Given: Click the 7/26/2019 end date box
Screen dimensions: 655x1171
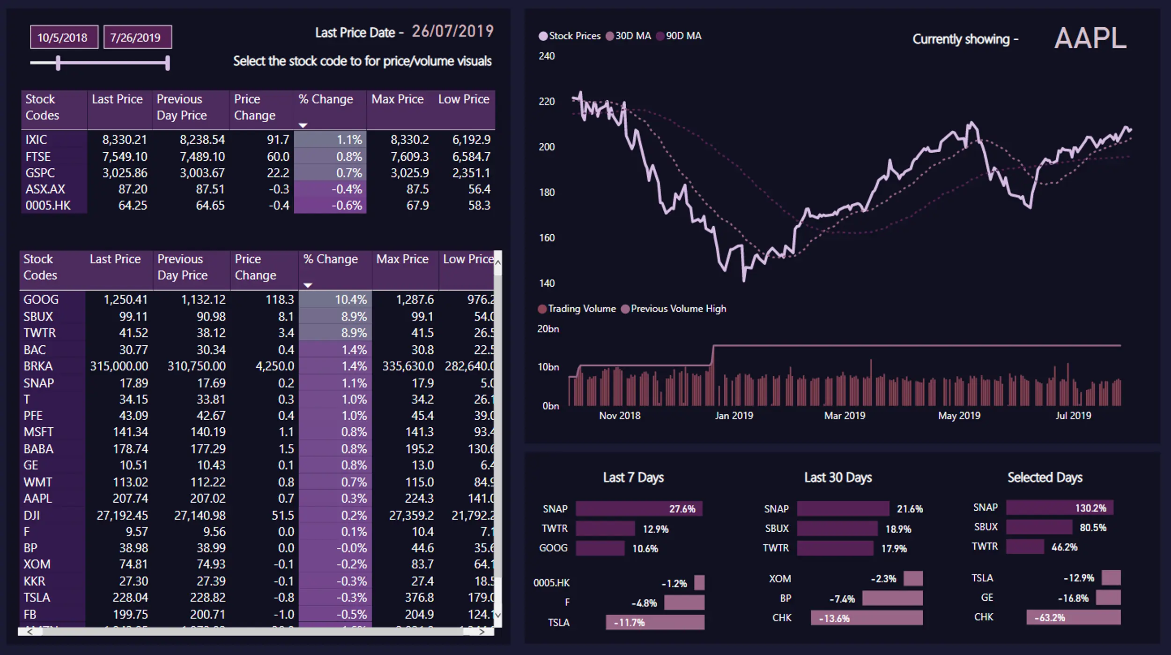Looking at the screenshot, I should coord(137,37).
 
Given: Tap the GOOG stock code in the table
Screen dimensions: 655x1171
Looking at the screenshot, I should coord(41,300).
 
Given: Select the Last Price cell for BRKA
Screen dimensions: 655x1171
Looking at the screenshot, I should coord(119,366).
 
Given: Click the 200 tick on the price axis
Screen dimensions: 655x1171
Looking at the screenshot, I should coord(547,147).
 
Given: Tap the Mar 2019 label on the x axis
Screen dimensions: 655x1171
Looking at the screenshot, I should coord(845,416).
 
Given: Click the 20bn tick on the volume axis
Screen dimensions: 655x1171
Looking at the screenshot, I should coord(548,329).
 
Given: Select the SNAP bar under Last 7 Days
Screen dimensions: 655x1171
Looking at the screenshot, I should coord(639,509).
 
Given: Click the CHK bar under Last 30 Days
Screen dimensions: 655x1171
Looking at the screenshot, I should coord(867,618).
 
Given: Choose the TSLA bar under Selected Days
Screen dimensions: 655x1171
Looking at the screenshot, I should coord(1111,578).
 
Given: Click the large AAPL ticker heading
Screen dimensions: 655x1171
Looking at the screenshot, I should coord(1090,38).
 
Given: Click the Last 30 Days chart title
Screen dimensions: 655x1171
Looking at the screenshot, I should coord(838,477).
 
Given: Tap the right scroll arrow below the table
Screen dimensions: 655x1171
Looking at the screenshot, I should coord(482,632).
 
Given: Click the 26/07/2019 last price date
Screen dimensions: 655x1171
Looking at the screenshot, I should coord(452,31).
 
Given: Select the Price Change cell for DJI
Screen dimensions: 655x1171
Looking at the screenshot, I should coord(283,515).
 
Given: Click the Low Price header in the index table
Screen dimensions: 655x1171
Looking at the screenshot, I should coord(463,99).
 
